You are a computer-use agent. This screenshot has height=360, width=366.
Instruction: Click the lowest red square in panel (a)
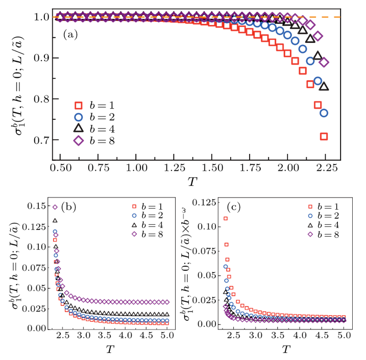[x=324, y=136]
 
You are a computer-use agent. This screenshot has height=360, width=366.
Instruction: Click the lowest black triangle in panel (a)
[x=324, y=86]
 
